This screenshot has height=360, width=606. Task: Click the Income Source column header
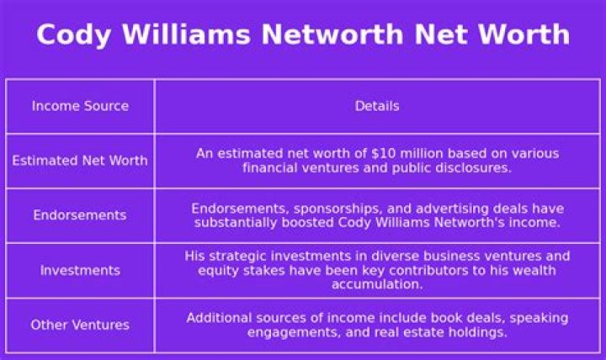coord(80,106)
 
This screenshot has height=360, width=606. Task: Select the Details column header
coord(376,106)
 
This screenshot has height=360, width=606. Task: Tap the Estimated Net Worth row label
coord(80,161)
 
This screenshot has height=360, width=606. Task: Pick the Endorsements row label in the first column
coord(80,215)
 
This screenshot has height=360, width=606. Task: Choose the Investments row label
coord(80,270)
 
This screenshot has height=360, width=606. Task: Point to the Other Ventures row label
coord(80,325)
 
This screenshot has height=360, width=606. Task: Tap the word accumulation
coord(376,284)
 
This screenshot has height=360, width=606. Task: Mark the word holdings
coord(479,331)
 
